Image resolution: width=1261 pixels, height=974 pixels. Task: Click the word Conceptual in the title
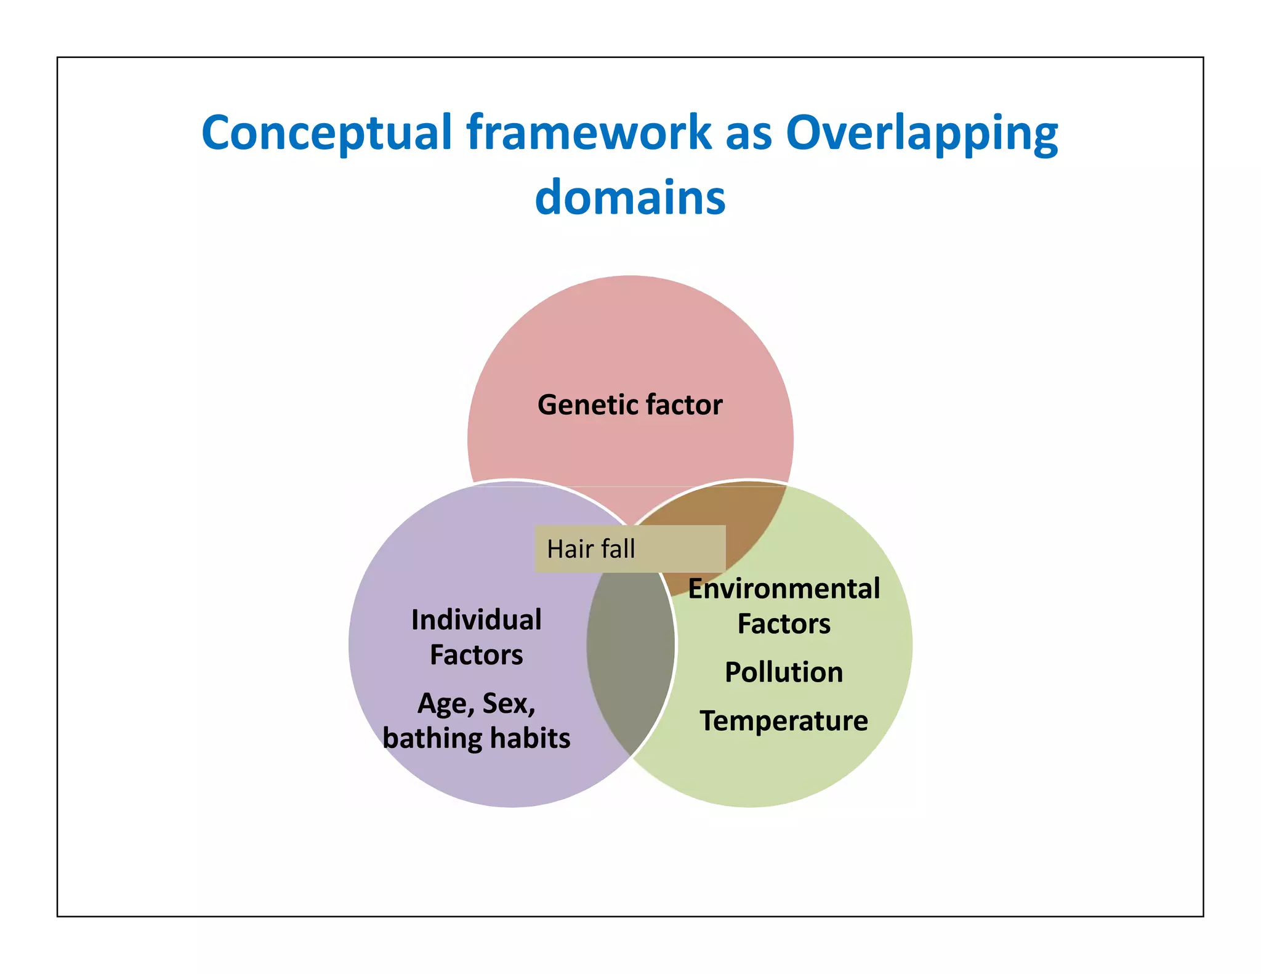click(326, 134)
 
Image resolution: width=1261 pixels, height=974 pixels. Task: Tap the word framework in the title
click(589, 132)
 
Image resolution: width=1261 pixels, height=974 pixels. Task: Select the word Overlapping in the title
click(922, 134)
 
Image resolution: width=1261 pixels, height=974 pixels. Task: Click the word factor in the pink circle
click(684, 405)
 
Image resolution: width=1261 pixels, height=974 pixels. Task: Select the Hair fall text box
click(629, 549)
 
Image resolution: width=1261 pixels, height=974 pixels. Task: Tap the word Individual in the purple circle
click(477, 620)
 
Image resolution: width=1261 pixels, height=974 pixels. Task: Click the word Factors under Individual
click(477, 655)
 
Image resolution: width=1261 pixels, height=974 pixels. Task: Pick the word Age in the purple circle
click(445, 704)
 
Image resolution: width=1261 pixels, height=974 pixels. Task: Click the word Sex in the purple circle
click(508, 704)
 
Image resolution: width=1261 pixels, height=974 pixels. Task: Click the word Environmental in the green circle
click(783, 589)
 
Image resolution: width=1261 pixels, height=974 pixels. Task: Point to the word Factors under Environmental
click(783, 624)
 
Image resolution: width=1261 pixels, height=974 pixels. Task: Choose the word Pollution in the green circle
click(783, 672)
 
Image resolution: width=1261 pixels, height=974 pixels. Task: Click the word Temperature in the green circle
click(783, 721)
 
